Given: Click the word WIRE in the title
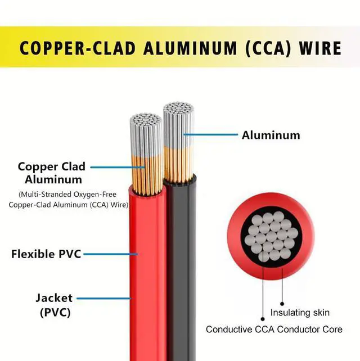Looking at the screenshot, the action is tap(320, 48).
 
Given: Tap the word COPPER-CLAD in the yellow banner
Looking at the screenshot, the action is tap(78, 48).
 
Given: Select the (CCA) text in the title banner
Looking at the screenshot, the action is tap(268, 48).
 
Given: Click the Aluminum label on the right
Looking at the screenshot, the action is tap(271, 135).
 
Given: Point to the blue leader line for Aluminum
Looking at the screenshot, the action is tap(210, 134).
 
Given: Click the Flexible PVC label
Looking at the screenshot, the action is tap(46, 254).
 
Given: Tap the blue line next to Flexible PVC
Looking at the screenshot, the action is tap(111, 254).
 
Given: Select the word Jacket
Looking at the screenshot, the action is tap(54, 297).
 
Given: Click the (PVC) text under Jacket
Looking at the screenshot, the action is tap(55, 313).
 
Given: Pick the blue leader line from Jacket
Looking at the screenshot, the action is tap(104, 299).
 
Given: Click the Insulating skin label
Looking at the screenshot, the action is tap(300, 313).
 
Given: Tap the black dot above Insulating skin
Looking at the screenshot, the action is tap(282, 304).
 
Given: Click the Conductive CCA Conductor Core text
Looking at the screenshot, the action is tap(274, 329).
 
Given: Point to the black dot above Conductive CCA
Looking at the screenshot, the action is tap(263, 319).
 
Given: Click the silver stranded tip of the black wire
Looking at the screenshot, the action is tap(178, 125).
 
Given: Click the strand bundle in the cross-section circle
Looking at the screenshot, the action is tap(271, 237).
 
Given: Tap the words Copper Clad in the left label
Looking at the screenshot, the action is tap(52, 166).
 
